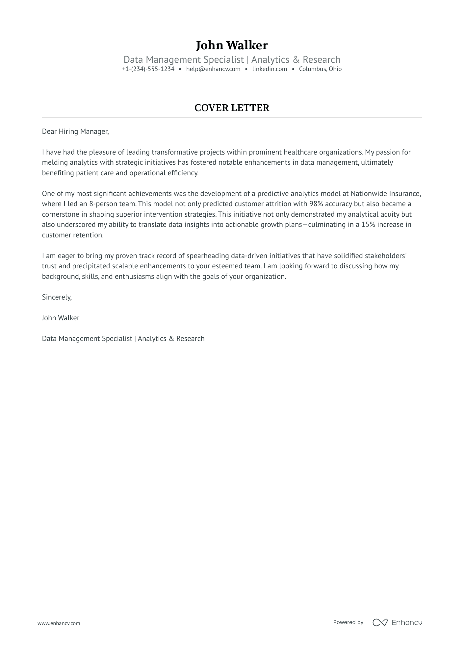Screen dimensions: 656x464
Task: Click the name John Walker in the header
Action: click(232, 45)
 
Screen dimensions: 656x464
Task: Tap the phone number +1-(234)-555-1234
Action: click(148, 69)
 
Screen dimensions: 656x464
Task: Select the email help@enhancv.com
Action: click(213, 69)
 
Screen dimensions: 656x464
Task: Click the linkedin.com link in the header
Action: click(270, 69)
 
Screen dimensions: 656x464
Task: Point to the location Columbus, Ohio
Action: click(320, 69)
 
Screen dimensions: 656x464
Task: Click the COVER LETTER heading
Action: click(232, 108)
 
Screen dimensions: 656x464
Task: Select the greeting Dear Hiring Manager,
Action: click(75, 132)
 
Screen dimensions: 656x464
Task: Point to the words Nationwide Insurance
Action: click(385, 193)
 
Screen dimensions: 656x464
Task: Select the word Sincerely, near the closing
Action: click(57, 297)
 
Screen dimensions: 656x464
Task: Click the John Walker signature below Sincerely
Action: click(61, 318)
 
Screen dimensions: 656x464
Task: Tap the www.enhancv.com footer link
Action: click(59, 623)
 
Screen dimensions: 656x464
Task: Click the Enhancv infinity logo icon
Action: click(380, 622)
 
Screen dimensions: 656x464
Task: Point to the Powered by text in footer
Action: click(348, 622)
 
